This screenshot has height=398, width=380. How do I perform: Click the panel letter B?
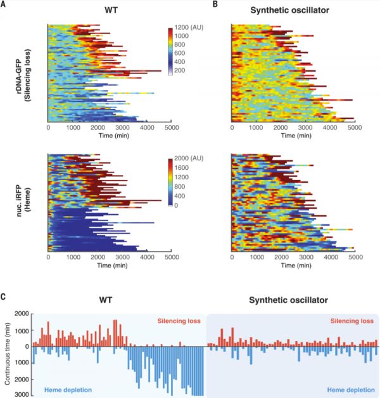click(x=215, y=5)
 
